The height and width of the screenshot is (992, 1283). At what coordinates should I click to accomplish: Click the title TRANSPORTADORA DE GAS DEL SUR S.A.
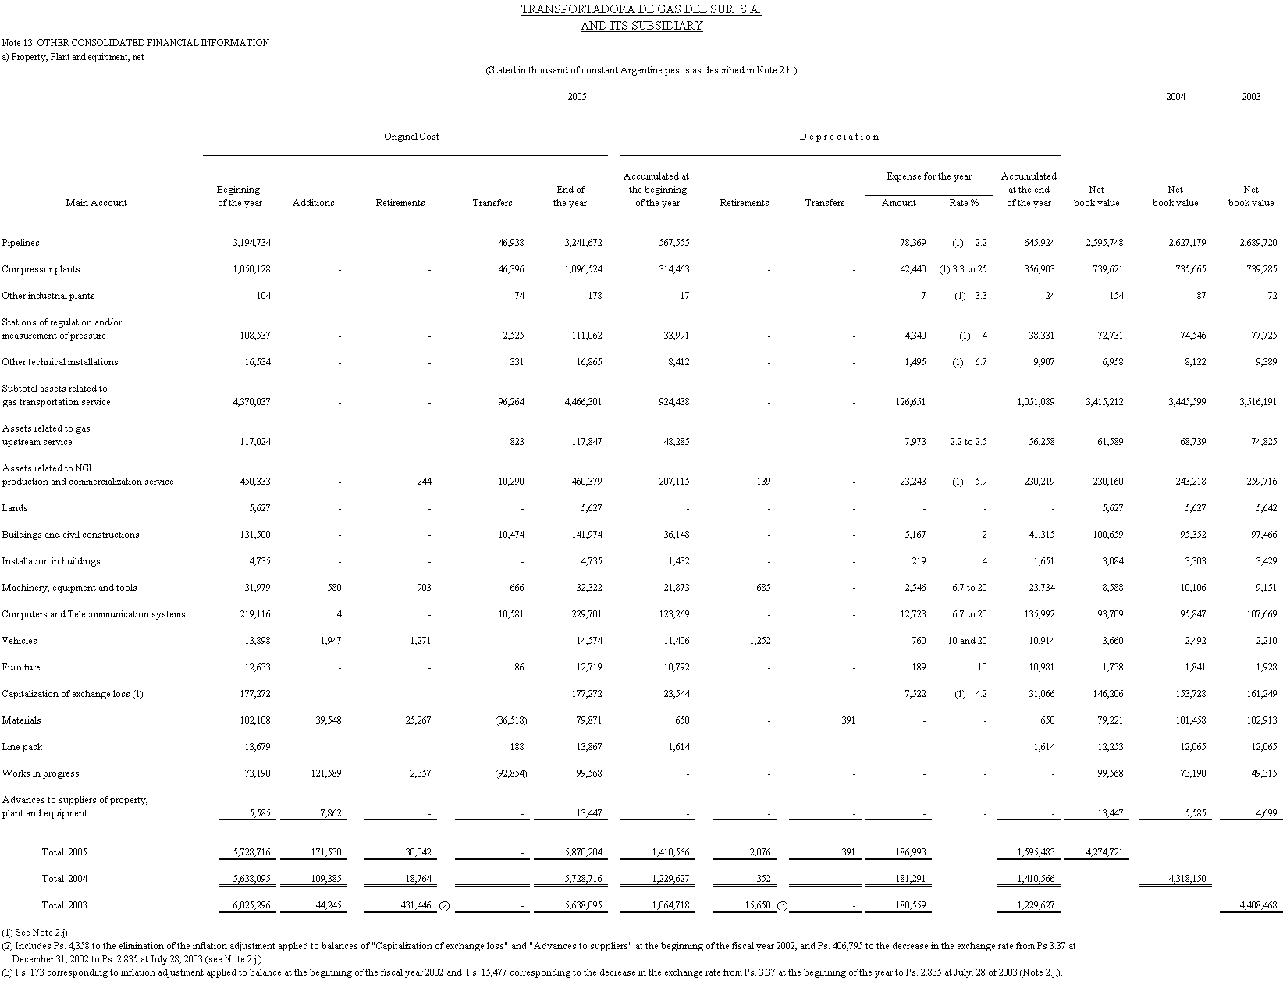641,9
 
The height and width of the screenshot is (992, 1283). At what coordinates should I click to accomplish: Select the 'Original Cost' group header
411,137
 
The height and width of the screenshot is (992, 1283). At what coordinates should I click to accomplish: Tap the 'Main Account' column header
97,203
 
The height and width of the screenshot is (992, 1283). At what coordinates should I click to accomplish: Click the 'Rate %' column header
964,203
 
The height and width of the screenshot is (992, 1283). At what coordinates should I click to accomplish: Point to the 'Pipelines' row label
20,243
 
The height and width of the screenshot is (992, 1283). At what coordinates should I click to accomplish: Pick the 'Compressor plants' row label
41,269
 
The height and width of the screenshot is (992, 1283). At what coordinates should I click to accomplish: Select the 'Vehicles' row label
20,641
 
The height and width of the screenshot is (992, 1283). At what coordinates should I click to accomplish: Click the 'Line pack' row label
22,747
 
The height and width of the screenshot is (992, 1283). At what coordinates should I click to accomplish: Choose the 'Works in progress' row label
41,773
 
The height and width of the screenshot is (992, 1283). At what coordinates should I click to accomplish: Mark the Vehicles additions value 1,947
330,641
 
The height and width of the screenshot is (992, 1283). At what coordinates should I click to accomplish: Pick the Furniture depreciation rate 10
982,667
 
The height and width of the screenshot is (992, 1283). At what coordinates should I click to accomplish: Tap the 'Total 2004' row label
64,879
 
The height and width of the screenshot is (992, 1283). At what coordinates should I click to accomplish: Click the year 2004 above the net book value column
1175,97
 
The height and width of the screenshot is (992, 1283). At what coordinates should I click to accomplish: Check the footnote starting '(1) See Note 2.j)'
35,932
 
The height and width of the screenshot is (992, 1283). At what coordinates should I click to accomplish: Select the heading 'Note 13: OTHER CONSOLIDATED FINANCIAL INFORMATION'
136,43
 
